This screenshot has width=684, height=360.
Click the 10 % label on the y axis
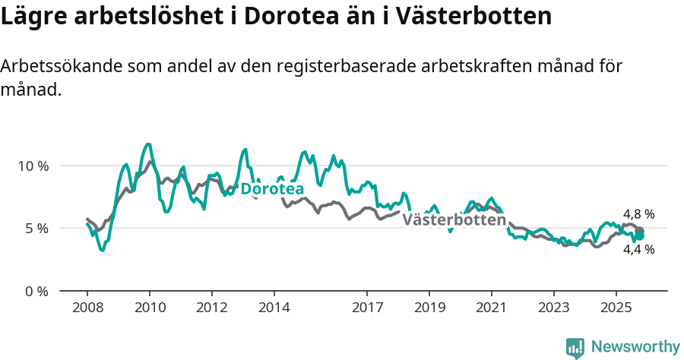32,166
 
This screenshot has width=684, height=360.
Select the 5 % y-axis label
35,229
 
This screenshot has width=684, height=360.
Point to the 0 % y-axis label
35,291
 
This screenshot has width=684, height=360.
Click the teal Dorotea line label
272,189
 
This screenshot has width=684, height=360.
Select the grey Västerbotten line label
454,220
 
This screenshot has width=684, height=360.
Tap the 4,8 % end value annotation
638,215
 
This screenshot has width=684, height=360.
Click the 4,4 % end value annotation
638,249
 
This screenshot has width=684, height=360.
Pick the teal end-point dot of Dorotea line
640,236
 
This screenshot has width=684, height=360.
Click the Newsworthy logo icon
575,347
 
